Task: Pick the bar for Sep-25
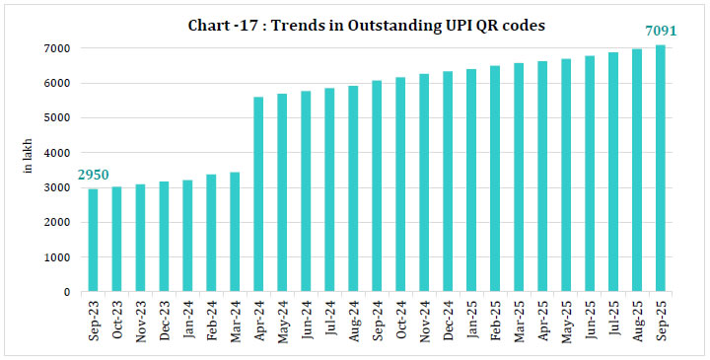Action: tap(660, 169)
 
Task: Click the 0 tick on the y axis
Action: tap(66, 292)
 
